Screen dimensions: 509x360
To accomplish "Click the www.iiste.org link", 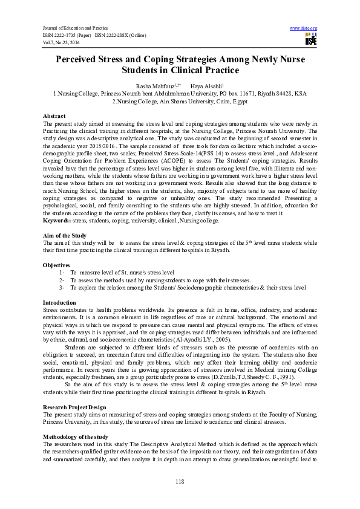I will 304,28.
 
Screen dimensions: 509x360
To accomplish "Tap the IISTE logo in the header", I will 310,40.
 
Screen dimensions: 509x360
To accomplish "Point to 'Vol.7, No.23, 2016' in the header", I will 62,41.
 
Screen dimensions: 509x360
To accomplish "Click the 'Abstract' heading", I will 54,115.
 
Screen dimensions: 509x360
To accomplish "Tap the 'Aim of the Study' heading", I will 66,236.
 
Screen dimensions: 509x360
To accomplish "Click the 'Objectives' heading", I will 57,265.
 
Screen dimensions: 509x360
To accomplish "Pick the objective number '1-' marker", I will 62,273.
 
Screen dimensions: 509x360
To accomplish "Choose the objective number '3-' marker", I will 62,288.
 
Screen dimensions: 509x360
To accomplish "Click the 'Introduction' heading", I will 59,302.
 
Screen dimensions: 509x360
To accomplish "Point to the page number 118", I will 180,481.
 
